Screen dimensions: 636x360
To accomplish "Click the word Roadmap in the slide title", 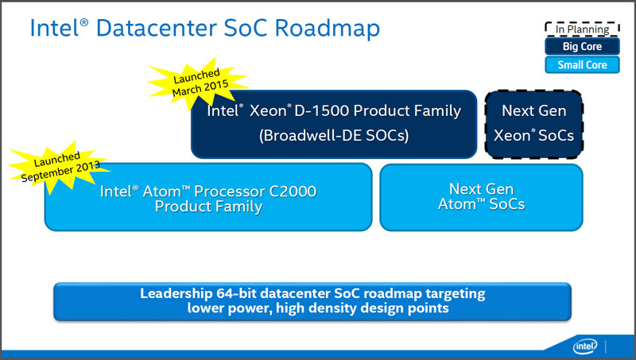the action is point(327,28).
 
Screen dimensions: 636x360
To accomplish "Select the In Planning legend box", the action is point(582,29).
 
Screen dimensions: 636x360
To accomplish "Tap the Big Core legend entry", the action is point(582,46).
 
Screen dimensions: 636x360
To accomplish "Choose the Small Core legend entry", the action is point(582,65).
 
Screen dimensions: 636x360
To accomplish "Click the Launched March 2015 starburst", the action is point(199,83).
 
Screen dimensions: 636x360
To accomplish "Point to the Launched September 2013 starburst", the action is point(59,167).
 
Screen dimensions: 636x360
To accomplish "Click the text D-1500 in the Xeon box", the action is point(321,110).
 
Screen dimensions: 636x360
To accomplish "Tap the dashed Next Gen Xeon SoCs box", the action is point(533,124).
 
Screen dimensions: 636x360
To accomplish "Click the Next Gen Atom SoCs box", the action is point(481,197).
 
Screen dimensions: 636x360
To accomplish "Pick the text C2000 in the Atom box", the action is point(293,191).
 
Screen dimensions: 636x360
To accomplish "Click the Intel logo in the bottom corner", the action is point(585,346).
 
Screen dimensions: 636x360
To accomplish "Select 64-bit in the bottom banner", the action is point(236,293).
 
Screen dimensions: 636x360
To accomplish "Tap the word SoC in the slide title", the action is point(246,28).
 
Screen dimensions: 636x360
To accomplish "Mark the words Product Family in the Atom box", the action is point(208,207).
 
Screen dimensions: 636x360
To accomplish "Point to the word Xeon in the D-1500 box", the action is point(269,110).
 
